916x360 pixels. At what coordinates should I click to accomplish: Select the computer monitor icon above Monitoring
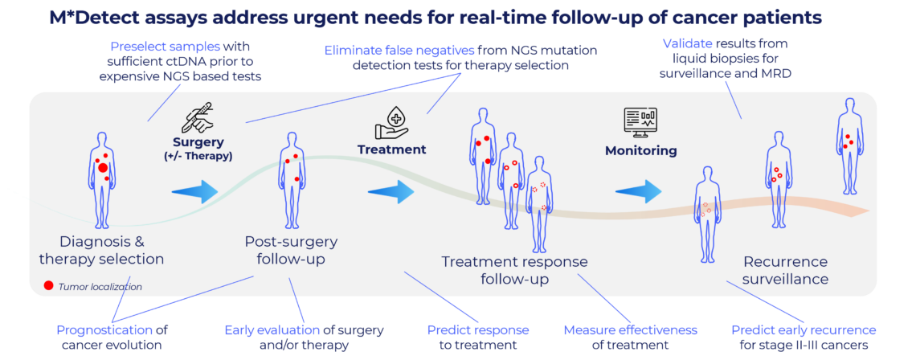(x=640, y=123)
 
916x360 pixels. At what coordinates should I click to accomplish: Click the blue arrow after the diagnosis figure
(x=194, y=191)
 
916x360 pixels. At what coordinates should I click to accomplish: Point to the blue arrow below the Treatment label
(x=391, y=192)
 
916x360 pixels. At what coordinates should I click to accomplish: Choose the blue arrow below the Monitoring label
(x=639, y=191)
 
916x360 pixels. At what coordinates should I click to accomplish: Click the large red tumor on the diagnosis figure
(x=103, y=168)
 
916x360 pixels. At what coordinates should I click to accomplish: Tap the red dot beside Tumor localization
(x=49, y=285)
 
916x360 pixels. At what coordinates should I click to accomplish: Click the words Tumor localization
(x=100, y=286)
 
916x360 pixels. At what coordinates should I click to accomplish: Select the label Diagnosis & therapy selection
(x=101, y=250)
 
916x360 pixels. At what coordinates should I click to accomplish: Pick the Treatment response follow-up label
(x=514, y=270)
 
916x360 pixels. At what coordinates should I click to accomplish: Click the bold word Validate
(x=685, y=42)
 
